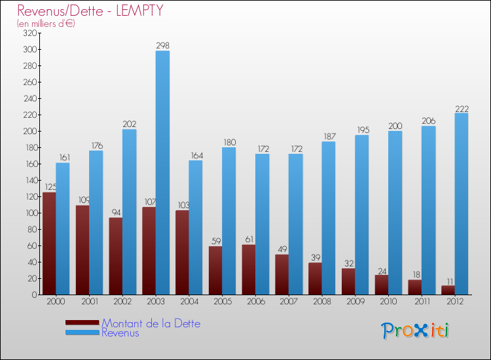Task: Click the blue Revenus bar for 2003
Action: (x=162, y=173)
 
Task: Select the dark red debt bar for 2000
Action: (x=49, y=243)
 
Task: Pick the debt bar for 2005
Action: (x=215, y=270)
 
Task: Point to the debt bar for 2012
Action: (x=448, y=290)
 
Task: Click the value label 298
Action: (x=162, y=46)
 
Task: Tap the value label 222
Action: (x=462, y=109)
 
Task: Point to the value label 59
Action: (x=215, y=242)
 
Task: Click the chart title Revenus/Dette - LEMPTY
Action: (x=90, y=10)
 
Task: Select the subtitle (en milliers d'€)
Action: (x=46, y=24)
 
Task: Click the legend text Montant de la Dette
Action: (x=151, y=323)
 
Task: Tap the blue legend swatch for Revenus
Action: (x=82, y=333)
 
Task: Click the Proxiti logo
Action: (x=414, y=331)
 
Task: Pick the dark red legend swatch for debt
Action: (x=82, y=322)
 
